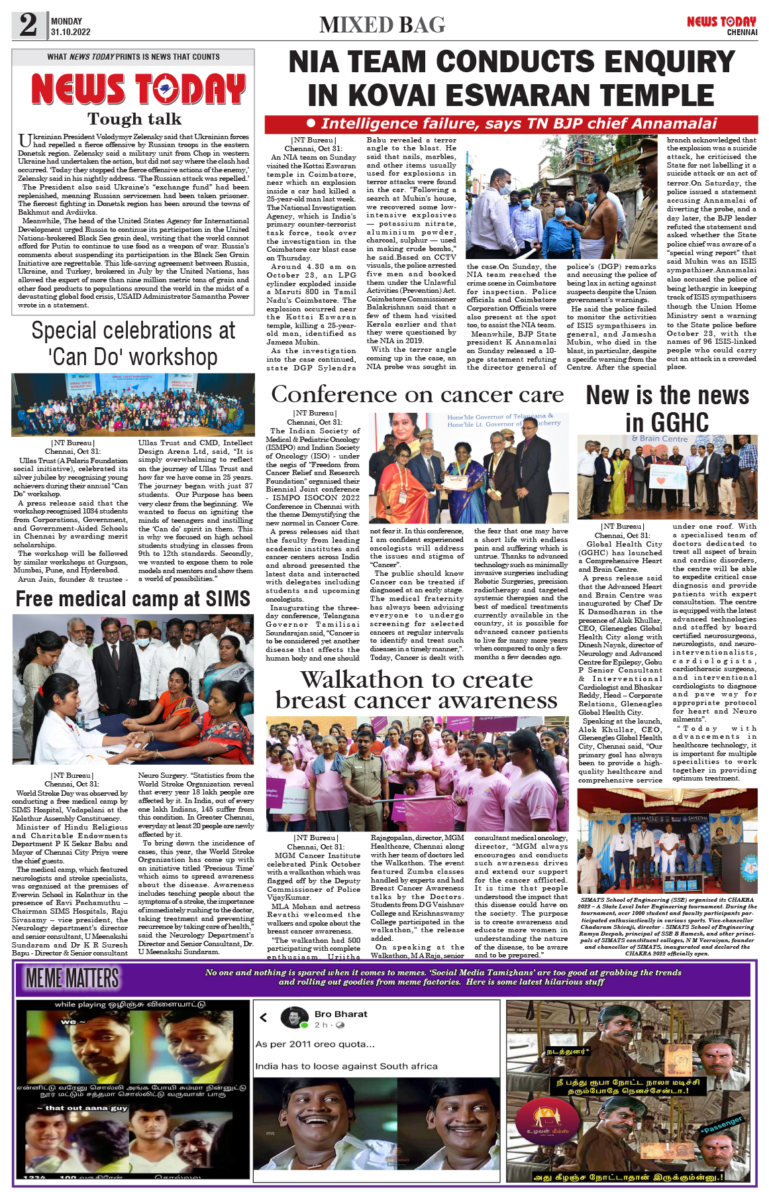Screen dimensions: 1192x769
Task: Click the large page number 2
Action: tap(28, 25)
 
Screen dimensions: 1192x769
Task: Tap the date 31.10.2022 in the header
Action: tap(70, 32)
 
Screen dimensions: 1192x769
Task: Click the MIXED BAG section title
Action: tap(382, 25)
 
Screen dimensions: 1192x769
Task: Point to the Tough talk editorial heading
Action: tap(134, 119)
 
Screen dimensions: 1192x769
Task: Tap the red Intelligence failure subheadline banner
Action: tap(510, 124)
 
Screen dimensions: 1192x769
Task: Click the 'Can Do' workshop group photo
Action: tap(133, 404)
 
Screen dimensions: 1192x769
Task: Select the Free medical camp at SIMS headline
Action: tap(133, 598)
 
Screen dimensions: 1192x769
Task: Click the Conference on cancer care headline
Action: tap(417, 395)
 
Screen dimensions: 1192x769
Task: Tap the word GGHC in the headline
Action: tap(667, 422)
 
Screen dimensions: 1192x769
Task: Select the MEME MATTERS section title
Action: tap(73, 978)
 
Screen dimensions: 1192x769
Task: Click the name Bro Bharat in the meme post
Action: tap(340, 1014)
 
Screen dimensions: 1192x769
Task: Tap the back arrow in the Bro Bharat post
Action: tap(263, 1017)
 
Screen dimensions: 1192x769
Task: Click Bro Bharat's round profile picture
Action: tap(293, 1018)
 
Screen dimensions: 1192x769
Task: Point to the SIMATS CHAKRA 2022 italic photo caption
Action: tap(667, 926)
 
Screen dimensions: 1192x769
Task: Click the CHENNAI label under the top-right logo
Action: tap(742, 32)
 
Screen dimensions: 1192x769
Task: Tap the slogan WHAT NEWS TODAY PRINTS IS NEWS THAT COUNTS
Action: tap(133, 57)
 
